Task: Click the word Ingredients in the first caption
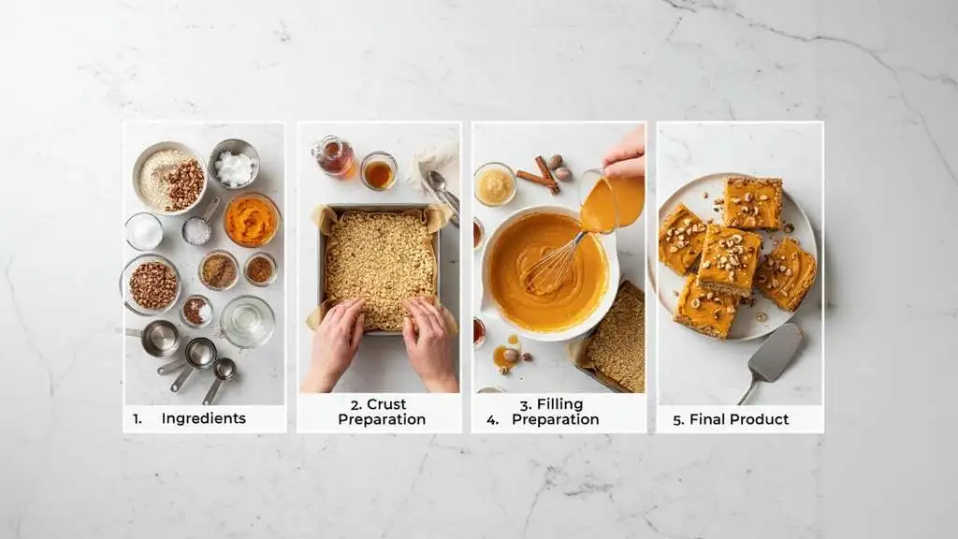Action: click(203, 418)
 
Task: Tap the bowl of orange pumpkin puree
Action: click(251, 220)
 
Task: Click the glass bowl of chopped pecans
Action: click(152, 284)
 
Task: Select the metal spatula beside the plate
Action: click(773, 357)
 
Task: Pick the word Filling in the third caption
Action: click(559, 404)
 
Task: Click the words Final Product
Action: click(739, 419)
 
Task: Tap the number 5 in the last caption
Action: click(678, 419)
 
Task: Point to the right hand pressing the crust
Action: click(429, 342)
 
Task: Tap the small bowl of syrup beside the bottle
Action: click(378, 171)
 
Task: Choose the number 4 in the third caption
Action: click(492, 419)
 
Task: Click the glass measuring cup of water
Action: click(248, 320)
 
